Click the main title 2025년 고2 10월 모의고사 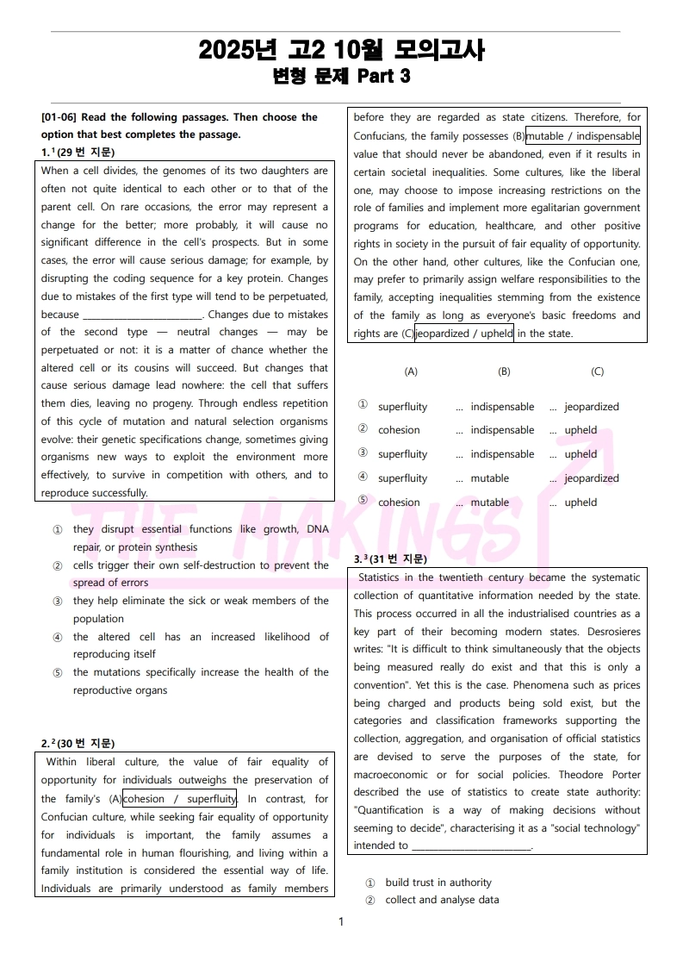[x=341, y=50]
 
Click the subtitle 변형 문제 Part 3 [x=341, y=77]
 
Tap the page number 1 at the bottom [x=341, y=921]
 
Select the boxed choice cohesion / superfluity [x=180, y=799]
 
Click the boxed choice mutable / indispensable [x=583, y=136]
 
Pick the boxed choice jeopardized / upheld [x=464, y=334]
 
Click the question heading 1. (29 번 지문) [x=80, y=153]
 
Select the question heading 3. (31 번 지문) [x=389, y=559]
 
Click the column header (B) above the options [x=504, y=371]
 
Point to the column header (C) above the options [x=597, y=371]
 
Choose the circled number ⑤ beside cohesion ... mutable [x=363, y=502]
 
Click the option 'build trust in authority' [x=438, y=883]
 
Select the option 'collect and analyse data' [x=442, y=900]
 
